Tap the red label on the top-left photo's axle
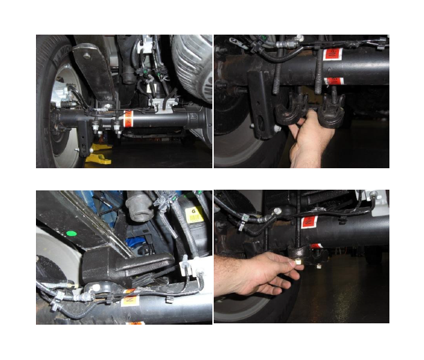click(127, 118)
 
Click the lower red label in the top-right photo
click(333, 81)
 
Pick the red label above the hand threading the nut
click(311, 222)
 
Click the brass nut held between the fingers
click(295, 264)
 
